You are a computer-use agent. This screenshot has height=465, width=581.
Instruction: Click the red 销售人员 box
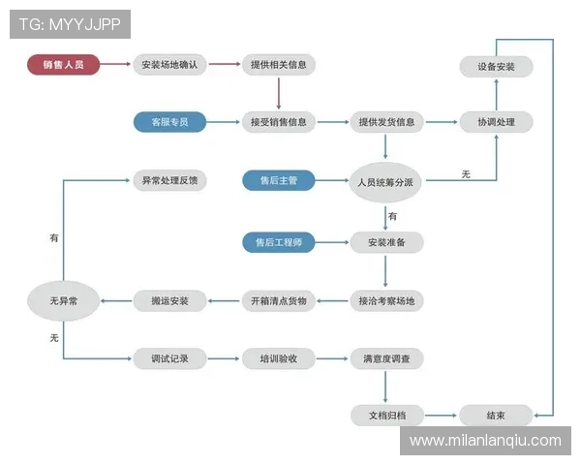tap(63, 65)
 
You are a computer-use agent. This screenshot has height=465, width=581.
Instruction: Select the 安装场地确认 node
tap(169, 65)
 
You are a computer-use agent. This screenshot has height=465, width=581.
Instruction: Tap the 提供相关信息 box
tap(278, 65)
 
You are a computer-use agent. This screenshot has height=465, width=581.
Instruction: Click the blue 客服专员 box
tap(169, 122)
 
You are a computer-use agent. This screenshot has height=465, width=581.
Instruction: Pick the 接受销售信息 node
tap(278, 122)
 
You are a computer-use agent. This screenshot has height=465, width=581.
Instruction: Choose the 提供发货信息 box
tap(386, 122)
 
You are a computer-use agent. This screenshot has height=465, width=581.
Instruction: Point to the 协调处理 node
tap(496, 122)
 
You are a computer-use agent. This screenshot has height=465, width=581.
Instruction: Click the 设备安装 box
tap(496, 67)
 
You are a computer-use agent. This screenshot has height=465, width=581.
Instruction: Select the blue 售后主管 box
tap(278, 180)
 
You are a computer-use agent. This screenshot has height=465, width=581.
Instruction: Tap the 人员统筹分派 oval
tap(386, 181)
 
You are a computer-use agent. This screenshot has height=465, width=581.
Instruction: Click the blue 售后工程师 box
tap(278, 241)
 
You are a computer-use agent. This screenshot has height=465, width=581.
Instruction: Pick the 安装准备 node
tap(386, 241)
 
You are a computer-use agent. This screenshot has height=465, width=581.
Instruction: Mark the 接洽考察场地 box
tap(386, 301)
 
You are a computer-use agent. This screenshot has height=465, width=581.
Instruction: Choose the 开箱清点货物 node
tap(278, 301)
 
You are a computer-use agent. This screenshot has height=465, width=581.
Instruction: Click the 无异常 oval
tap(64, 301)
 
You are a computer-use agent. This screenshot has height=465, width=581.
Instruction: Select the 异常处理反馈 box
tap(169, 180)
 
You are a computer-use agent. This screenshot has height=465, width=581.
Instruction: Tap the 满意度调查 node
tap(386, 358)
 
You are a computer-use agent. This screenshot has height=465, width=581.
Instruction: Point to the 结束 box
tap(496, 415)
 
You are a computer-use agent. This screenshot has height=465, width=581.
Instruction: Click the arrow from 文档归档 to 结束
tap(441, 415)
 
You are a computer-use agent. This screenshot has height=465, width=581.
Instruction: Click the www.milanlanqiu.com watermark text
tap(485, 441)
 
